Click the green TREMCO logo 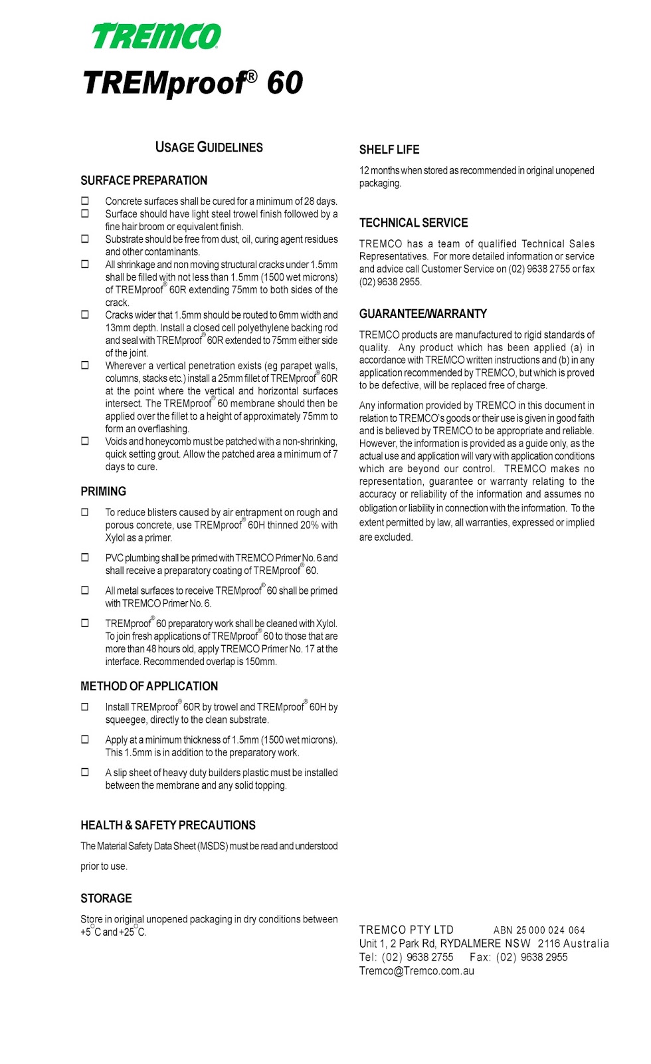[x=156, y=37]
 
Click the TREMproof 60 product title [x=193, y=84]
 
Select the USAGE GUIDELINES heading [x=209, y=148]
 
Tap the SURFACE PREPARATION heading [x=143, y=181]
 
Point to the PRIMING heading [x=103, y=491]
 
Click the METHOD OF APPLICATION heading [x=149, y=686]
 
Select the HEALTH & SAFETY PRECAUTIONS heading [x=167, y=825]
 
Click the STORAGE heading [x=106, y=898]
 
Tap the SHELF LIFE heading [x=389, y=150]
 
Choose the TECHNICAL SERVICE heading [x=413, y=223]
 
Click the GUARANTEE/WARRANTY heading [x=423, y=314]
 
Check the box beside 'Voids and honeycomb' [x=85, y=441]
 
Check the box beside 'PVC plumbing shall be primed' [x=85, y=558]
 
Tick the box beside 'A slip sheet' [x=85, y=773]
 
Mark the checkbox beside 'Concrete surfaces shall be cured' [x=85, y=201]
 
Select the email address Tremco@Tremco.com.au [x=417, y=971]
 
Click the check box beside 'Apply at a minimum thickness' [x=85, y=739]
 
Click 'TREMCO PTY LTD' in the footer [x=406, y=930]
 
